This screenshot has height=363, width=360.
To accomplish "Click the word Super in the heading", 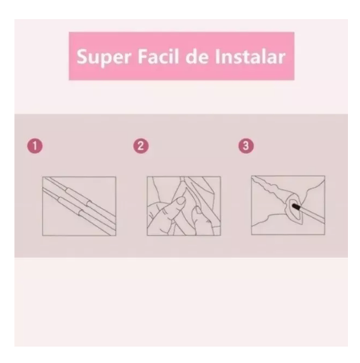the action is (104, 58).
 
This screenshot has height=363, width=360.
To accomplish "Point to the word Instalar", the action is (250, 56).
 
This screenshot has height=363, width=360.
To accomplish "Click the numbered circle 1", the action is (35, 146).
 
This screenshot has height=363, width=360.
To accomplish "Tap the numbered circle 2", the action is (141, 146).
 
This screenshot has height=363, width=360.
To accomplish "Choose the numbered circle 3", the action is (246, 146).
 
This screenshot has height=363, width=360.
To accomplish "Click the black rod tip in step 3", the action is (296, 207).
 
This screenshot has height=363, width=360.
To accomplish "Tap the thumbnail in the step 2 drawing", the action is (181, 201).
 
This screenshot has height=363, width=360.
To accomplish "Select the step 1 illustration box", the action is (79, 207).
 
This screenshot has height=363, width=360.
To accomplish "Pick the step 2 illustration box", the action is (184, 207).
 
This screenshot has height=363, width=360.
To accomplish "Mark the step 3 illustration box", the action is (288, 205).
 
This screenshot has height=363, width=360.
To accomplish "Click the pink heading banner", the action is (182, 56).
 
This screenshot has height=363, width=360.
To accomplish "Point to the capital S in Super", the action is (81, 56).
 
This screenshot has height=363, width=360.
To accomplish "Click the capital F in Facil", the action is (142, 56).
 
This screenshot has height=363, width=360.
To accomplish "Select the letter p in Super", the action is (104, 60).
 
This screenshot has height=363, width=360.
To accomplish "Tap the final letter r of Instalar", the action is (282, 58).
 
